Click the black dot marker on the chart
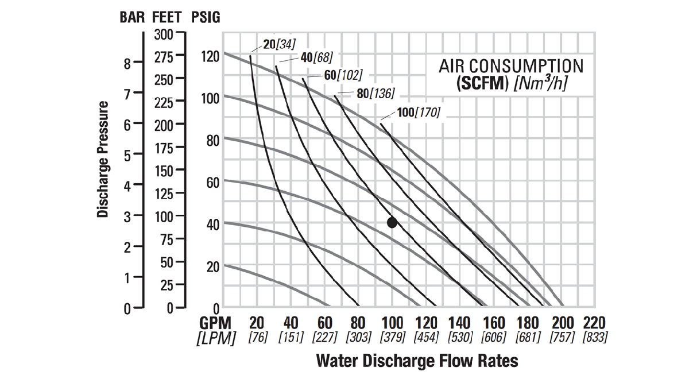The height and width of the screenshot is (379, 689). pos(392,223)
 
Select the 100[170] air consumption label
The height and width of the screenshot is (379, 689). pos(419,113)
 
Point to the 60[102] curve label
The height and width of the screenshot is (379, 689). pos(343,75)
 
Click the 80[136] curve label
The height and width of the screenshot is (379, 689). pos(376,94)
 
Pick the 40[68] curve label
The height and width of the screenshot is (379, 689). pos(316,57)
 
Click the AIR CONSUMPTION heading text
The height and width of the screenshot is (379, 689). pos(511,66)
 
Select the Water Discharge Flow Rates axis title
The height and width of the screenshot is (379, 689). pos(417,361)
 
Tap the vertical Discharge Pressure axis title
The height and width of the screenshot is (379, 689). pos(103,160)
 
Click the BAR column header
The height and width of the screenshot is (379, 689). pos(133,17)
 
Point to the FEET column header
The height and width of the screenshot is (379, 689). pos(169,17)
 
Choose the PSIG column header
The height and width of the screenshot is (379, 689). pos(206,17)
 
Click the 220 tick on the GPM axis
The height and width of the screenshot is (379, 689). pos(594,323)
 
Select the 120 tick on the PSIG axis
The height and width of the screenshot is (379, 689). pos(211,56)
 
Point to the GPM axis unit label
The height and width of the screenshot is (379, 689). pos(215,323)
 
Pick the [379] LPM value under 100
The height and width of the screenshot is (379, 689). pos(393,338)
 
